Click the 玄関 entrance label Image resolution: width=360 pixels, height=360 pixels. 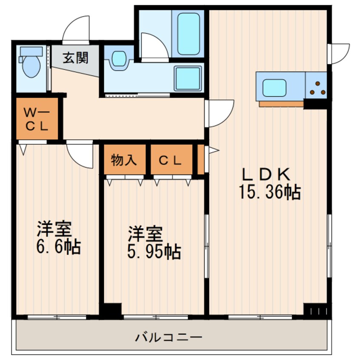pos(76,57)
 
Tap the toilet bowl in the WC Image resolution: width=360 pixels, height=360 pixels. pos(31,66)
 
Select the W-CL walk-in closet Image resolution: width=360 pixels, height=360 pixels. pos(37,120)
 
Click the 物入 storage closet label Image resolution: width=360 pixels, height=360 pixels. pos(124,160)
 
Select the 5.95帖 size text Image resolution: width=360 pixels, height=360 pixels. pos(154,252)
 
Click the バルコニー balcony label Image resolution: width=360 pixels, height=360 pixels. pos(169,338)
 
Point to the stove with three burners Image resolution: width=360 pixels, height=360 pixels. pos(317,87)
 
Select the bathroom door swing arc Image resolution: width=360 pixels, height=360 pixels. pos(154,47)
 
